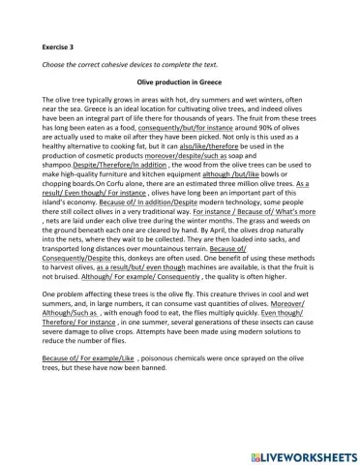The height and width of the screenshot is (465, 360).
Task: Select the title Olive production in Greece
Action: pyautogui.click(x=180, y=85)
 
